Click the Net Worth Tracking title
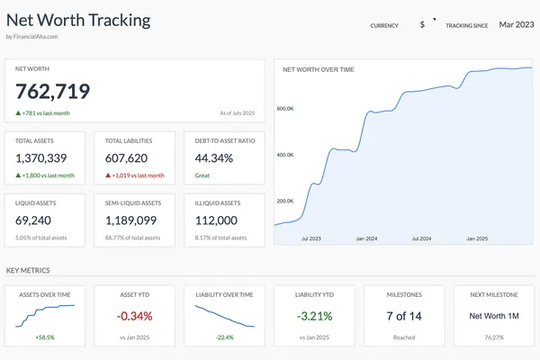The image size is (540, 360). coord(78,20)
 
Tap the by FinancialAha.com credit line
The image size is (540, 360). coord(31,37)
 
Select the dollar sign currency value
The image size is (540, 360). coord(422,25)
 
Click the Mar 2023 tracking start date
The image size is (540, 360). coord(517,24)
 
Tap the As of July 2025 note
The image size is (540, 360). coord(238,113)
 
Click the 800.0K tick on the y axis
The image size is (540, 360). coord(286,109)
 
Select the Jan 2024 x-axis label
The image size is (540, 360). coord(366,239)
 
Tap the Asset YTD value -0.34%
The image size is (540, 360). coord(134,316)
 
